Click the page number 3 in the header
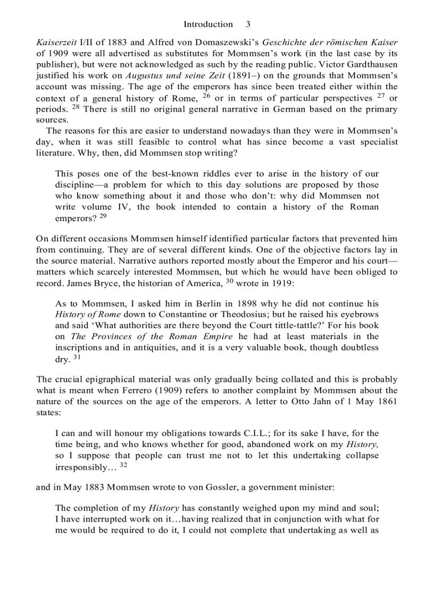(248, 24)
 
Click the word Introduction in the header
(208, 24)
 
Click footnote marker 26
(207, 96)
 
